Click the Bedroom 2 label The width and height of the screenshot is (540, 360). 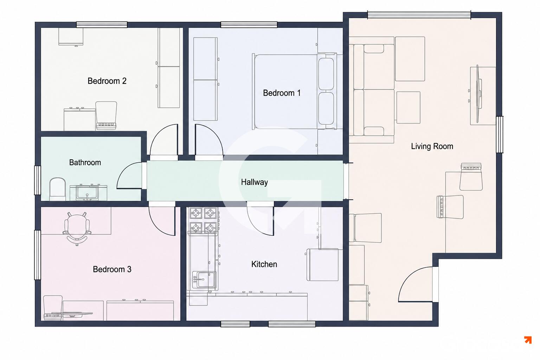pyautogui.click(x=107, y=81)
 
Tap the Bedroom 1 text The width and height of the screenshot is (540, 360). pyautogui.click(x=282, y=93)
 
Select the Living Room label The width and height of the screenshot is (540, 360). pyautogui.click(x=432, y=146)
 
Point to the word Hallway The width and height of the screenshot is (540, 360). pyautogui.click(x=254, y=182)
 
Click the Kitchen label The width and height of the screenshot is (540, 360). pyautogui.click(x=264, y=264)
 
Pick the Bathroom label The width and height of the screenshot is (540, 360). pyautogui.click(x=85, y=162)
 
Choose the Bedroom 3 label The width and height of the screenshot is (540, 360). pyautogui.click(x=112, y=269)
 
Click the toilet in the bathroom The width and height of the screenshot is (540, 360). pyautogui.click(x=58, y=189)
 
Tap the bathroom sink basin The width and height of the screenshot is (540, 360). pyautogui.click(x=87, y=193)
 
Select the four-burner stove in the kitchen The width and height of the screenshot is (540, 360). pyautogui.click(x=204, y=220)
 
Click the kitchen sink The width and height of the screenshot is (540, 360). pyautogui.click(x=204, y=280)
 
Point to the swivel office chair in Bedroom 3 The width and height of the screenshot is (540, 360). pyautogui.click(x=77, y=229)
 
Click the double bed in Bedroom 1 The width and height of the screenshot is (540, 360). pyautogui.click(x=294, y=92)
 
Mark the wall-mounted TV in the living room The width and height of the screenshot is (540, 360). pyautogui.click(x=478, y=94)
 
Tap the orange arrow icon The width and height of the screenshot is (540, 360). pyautogui.click(x=528, y=340)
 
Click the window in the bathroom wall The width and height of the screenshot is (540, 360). pyautogui.click(x=38, y=180)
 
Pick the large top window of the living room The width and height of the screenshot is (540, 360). pyautogui.click(x=419, y=15)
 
